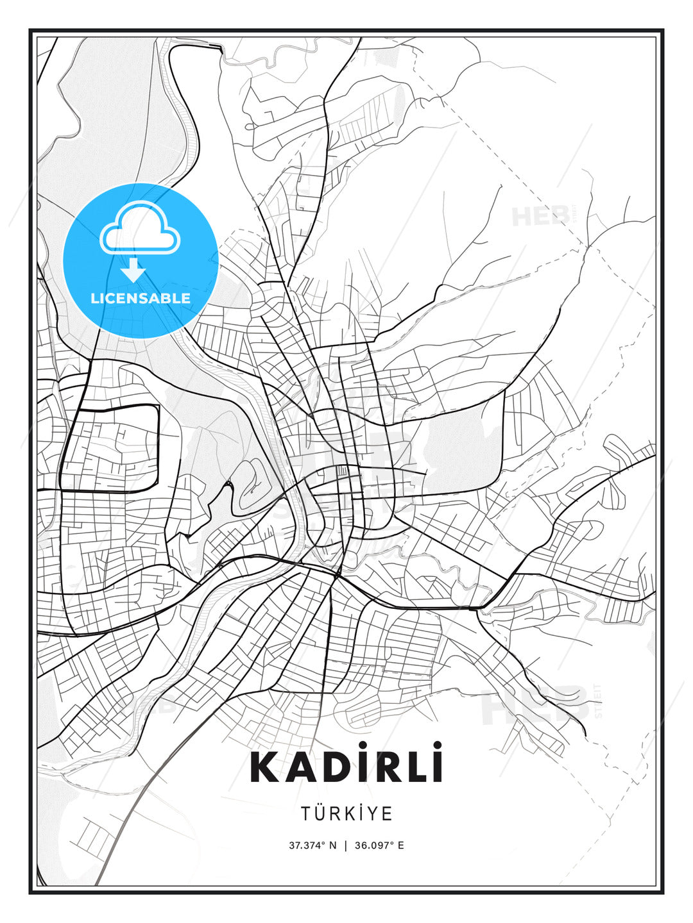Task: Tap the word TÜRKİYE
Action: coord(346,813)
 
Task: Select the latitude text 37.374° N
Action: coord(312,845)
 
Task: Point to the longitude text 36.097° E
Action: coord(379,845)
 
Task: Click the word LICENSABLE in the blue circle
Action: coord(141,298)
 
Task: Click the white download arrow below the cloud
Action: coord(133,270)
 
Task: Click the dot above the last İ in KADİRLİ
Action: coord(436,745)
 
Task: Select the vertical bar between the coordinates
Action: coord(346,845)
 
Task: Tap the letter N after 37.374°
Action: coord(332,845)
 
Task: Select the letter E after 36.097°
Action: coord(401,845)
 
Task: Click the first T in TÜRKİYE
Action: coord(305,813)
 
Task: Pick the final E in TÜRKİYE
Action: coord(387,813)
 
